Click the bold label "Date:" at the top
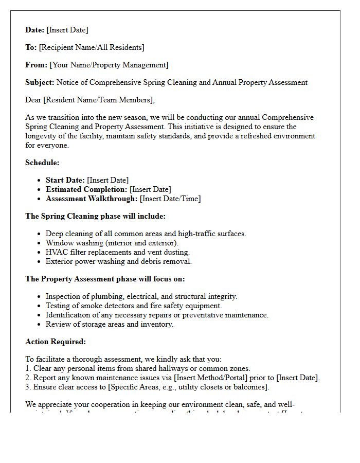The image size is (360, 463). [35, 30]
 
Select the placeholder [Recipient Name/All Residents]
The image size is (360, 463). [92, 47]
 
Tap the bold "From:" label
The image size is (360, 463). [36, 65]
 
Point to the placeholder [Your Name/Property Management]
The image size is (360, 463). [109, 65]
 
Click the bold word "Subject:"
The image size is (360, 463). [40, 82]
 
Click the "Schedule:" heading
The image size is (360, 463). [42, 163]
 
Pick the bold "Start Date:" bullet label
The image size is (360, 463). [65, 180]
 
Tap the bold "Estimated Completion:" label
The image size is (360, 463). [86, 189]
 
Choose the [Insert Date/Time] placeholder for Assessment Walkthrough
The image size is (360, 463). [171, 199]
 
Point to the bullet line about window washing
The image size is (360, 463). [112, 243]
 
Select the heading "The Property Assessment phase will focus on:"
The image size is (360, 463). [105, 279]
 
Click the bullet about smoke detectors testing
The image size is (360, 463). [134, 306]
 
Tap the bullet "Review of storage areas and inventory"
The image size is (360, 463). [110, 324]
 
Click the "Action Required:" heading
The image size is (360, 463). [56, 342]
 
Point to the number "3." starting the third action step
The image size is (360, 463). [28, 387]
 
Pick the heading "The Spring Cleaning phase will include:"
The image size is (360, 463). [95, 216]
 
